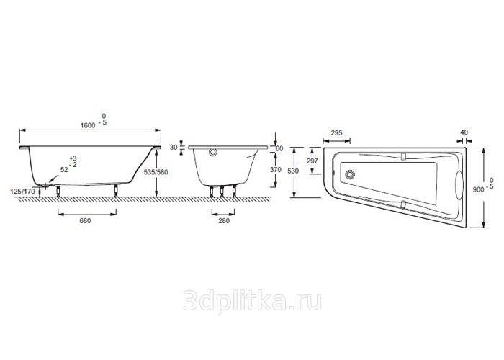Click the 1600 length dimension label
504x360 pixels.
[x=88, y=125]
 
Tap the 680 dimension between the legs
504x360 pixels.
[x=85, y=221]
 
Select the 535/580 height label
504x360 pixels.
[x=156, y=172]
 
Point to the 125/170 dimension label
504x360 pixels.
[x=22, y=192]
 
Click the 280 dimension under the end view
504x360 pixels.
[x=224, y=221]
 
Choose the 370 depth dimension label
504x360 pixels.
[x=276, y=170]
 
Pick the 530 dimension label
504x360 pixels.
[x=293, y=171]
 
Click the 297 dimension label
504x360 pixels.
[x=312, y=161]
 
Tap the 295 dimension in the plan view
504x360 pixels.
[x=336, y=132]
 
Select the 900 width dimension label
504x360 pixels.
[x=478, y=189]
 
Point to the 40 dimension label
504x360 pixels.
[x=464, y=132]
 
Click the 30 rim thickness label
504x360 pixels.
[x=174, y=147]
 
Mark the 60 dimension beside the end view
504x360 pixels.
[x=279, y=148]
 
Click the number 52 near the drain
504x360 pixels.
[x=64, y=170]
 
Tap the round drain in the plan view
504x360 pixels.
[x=349, y=174]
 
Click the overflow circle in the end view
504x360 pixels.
[x=213, y=152]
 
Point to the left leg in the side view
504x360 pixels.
[x=58, y=191]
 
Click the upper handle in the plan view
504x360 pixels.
[x=404, y=156]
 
